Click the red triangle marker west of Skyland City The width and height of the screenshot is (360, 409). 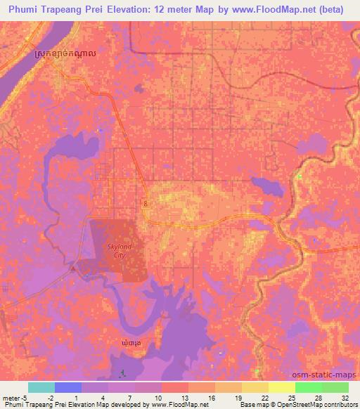pyautogui.click(x=73, y=268)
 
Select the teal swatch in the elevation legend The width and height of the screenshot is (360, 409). pyautogui.click(x=41, y=387)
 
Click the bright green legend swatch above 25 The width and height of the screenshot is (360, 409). pyautogui.click(x=308, y=387)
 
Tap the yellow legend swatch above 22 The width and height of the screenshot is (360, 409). pyautogui.click(x=255, y=387)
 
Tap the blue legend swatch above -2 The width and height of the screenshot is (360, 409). pyautogui.click(x=67, y=387)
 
